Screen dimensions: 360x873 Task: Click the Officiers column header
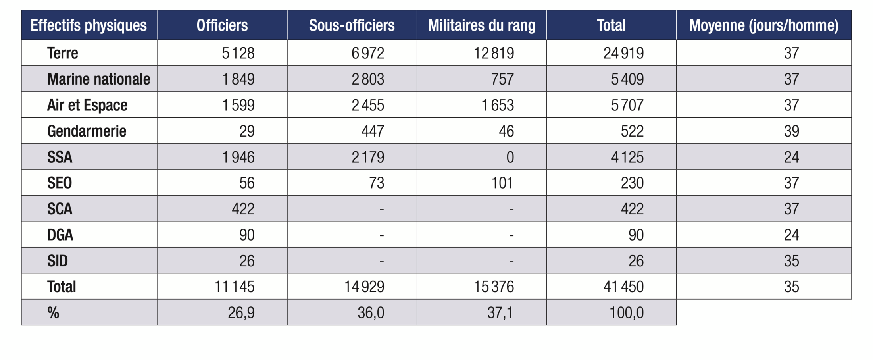point(222,25)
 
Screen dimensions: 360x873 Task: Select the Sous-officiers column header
point(352,25)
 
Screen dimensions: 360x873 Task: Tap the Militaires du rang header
point(481,25)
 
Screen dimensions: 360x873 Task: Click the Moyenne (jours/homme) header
point(763,25)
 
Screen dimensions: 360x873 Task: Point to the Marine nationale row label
point(98,79)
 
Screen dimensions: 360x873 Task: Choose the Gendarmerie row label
point(87,131)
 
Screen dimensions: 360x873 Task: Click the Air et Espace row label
point(87,105)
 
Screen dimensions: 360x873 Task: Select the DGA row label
point(60,235)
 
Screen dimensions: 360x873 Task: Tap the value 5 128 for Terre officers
point(238,53)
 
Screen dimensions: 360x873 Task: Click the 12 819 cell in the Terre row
point(494,53)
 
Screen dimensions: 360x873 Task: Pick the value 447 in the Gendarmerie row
point(373,131)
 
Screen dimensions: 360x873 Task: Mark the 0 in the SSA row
point(510,157)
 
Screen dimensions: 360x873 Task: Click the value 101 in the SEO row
point(502,183)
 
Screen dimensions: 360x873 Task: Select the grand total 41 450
point(623,287)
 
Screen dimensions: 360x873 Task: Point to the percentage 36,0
point(371,313)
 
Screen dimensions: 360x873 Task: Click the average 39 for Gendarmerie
point(791,131)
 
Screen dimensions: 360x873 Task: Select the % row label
point(53,313)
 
